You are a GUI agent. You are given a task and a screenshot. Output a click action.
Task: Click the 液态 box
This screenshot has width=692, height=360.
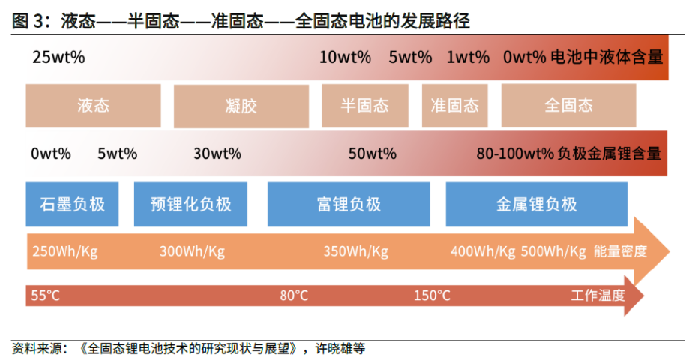(x=93, y=106)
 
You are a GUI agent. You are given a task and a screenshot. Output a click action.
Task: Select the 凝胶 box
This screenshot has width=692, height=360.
(x=241, y=106)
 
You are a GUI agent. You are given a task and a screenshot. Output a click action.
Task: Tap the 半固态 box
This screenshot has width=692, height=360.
(x=365, y=106)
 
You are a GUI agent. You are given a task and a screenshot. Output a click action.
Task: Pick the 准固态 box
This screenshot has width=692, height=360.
(x=454, y=106)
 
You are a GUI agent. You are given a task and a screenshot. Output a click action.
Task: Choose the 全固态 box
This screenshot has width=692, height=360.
(x=568, y=106)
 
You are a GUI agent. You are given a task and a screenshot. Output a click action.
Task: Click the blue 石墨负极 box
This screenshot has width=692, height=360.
(x=73, y=205)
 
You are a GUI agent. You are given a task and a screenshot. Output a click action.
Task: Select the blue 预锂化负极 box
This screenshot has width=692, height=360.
(x=190, y=205)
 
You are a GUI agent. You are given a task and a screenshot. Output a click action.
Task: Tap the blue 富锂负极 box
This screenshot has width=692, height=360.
(x=349, y=205)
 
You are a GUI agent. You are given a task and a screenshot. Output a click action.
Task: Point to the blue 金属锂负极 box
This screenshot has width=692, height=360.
(x=537, y=205)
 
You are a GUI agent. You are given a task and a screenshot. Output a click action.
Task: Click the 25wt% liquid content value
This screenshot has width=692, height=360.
(x=58, y=58)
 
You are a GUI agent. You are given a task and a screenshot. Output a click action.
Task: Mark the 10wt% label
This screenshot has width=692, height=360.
(x=345, y=58)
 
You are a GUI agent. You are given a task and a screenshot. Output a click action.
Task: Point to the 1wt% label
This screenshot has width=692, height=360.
(x=468, y=58)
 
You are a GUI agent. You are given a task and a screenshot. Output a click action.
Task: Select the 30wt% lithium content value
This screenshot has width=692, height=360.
(x=217, y=154)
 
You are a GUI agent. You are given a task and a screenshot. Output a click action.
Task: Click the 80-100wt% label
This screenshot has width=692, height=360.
(x=515, y=154)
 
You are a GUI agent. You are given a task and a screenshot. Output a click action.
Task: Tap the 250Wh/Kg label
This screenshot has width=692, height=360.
(x=65, y=251)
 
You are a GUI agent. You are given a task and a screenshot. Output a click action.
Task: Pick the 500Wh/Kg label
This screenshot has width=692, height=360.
(x=553, y=251)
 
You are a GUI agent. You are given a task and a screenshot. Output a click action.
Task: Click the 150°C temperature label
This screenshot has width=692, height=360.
(x=432, y=295)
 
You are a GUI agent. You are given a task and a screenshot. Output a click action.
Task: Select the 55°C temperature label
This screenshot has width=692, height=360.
(x=46, y=295)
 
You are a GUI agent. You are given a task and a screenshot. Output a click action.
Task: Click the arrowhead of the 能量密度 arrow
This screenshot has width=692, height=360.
(x=653, y=251)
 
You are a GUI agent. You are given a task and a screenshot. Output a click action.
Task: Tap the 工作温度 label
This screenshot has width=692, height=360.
(x=598, y=295)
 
